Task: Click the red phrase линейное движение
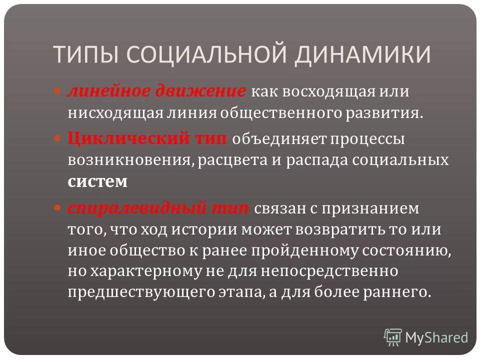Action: click(156, 92)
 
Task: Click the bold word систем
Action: click(98, 181)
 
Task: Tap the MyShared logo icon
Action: click(392, 337)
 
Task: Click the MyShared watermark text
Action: click(437, 337)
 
